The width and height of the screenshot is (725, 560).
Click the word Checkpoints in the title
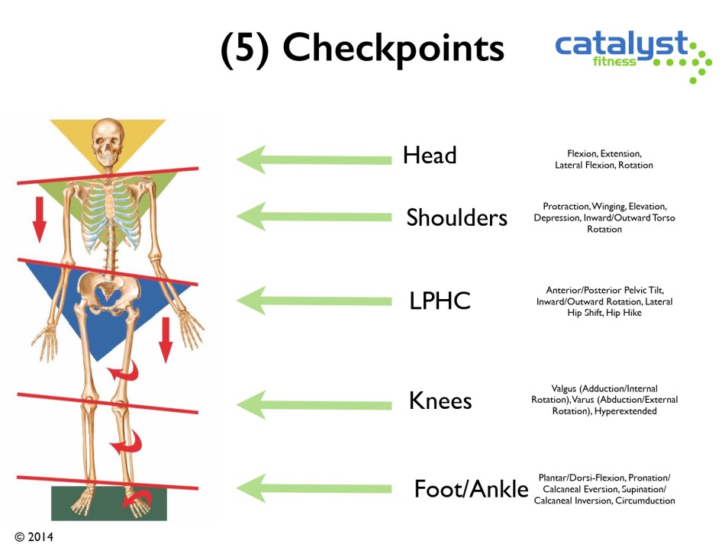coord(393,50)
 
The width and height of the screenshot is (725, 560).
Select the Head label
coord(430,155)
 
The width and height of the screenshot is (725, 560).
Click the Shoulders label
coord(456,217)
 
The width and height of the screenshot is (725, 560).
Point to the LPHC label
coord(440,301)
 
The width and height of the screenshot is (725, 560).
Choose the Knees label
coord(440,401)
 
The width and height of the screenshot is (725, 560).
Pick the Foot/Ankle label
coord(471,489)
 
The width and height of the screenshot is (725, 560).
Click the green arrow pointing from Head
coord(314,160)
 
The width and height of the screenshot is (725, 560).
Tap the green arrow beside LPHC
coord(314,301)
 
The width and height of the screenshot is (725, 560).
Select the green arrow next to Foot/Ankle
coord(314,488)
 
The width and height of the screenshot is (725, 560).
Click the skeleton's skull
coord(108,143)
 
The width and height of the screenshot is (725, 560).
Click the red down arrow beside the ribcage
coord(39,219)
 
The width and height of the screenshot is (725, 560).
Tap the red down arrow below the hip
coord(166,340)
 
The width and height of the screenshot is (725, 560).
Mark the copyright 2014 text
coord(34,537)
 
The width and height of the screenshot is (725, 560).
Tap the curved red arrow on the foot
coord(137,500)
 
